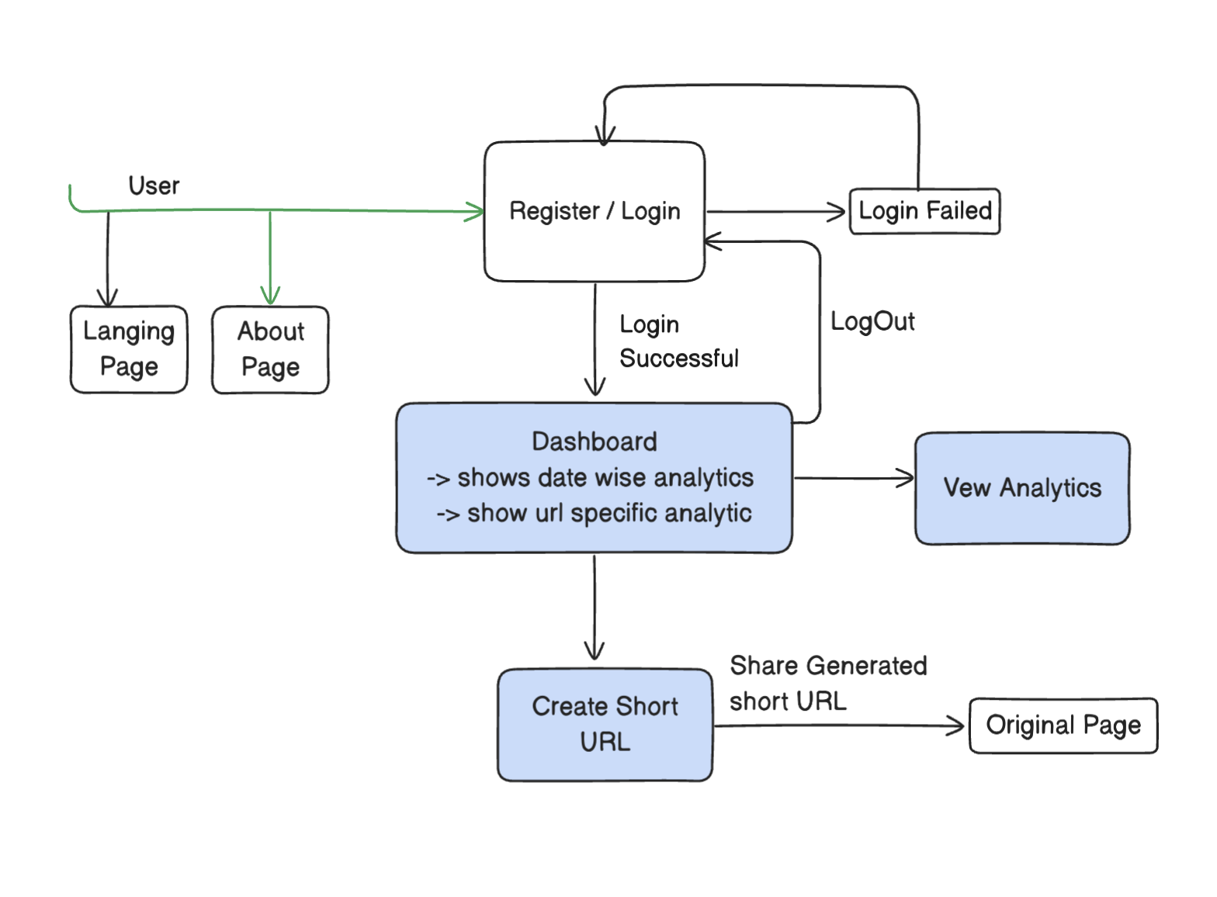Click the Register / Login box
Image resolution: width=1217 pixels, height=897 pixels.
(x=595, y=211)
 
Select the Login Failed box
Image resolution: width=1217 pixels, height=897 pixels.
(x=924, y=211)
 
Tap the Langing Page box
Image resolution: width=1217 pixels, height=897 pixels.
(x=129, y=349)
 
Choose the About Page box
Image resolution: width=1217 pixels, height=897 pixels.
(x=270, y=349)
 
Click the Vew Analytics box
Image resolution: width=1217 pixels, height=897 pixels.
(x=1022, y=488)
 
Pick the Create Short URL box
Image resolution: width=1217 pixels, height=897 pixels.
(x=605, y=724)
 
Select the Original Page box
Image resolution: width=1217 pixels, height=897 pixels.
(x=1063, y=726)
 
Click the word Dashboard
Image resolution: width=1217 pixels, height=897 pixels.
(x=595, y=442)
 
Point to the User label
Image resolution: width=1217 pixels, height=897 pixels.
(x=154, y=186)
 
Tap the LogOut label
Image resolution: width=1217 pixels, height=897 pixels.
(x=872, y=321)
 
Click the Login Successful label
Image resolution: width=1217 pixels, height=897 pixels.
(x=678, y=341)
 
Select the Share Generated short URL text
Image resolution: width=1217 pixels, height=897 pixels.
(x=827, y=683)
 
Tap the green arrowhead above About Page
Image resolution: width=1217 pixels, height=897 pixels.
(x=270, y=297)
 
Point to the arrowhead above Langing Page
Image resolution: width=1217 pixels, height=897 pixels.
(x=107, y=298)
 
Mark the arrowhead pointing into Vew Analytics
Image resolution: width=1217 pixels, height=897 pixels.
(x=907, y=478)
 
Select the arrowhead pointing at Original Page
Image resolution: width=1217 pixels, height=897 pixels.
(x=957, y=726)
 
